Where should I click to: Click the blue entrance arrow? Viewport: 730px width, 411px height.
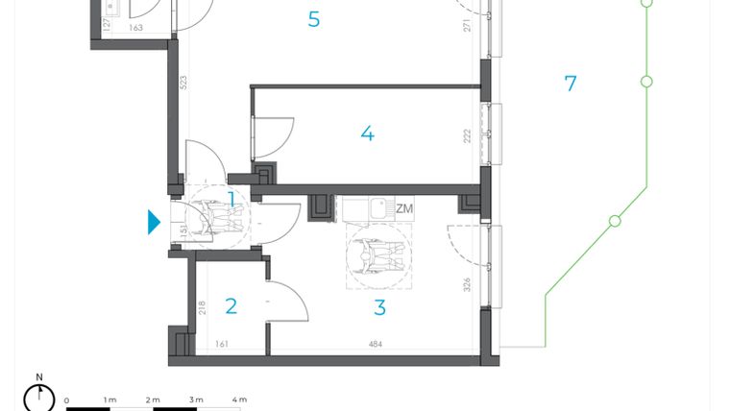(x=154, y=222)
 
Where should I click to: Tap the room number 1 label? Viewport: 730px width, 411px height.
(x=231, y=199)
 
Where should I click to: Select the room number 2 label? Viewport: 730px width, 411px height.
(x=231, y=306)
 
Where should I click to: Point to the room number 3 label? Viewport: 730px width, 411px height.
(x=379, y=308)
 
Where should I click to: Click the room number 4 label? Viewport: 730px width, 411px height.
(x=367, y=133)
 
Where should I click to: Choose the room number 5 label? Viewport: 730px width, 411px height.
(x=314, y=19)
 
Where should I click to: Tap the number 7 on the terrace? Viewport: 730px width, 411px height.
(x=571, y=84)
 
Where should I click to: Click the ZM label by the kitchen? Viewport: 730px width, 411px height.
(x=404, y=208)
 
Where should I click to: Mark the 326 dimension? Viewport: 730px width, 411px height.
(x=467, y=284)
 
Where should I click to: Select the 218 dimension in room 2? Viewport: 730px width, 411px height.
(x=201, y=309)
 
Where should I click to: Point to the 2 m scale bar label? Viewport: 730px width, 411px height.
(x=153, y=399)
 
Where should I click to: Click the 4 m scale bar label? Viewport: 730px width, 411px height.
(x=239, y=399)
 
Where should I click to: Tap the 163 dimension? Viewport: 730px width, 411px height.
(x=135, y=29)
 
